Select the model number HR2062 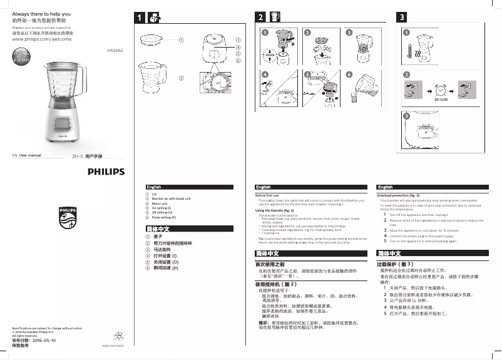coord(115,49)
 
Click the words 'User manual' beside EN coord(30,155)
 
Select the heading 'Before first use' coord(269,195)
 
